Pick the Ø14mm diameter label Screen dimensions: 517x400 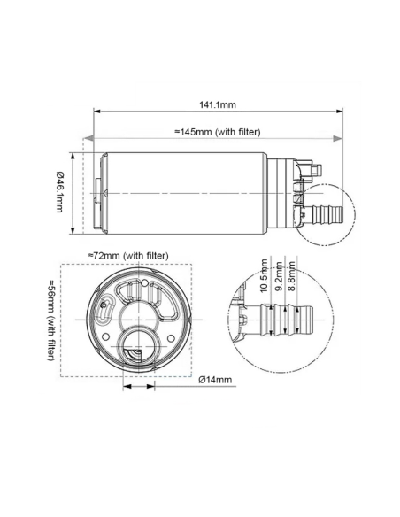coord(215,380)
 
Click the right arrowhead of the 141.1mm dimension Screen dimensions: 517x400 coord(341,112)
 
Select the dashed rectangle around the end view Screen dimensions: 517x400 coord(60,266)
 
